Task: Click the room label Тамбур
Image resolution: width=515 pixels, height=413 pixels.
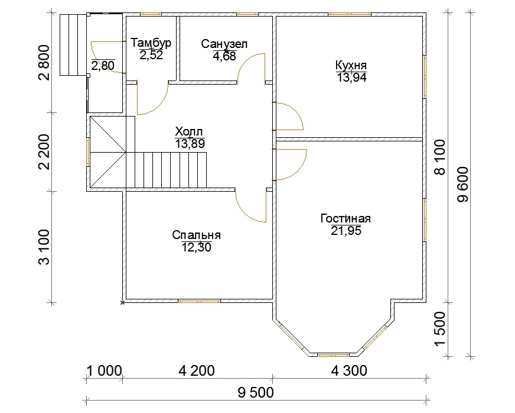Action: (151, 43)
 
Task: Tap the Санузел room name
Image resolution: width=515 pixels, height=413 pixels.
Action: (224, 44)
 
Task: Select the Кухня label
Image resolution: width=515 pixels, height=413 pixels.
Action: (351, 65)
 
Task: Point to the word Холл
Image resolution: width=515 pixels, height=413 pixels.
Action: (189, 132)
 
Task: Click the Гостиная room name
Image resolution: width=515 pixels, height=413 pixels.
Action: (346, 218)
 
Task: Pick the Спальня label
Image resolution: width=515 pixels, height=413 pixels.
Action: (197, 235)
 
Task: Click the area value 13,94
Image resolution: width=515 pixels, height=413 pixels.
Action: (351, 78)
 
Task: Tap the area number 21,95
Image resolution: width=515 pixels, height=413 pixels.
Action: (346, 231)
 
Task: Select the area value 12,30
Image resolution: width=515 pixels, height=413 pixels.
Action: (197, 247)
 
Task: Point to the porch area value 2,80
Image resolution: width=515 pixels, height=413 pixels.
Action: (103, 66)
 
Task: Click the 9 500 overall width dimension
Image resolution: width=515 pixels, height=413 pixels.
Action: (256, 393)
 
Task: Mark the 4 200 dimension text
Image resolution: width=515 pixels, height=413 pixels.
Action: (197, 371)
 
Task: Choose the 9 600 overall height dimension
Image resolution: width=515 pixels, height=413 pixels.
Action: (464, 184)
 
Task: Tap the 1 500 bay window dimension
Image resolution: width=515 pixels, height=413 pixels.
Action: (440, 329)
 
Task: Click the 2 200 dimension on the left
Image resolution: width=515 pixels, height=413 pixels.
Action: (44, 151)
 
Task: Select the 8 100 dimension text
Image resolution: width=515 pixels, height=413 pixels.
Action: (440, 157)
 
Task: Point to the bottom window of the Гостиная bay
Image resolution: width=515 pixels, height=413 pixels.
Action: (333, 355)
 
